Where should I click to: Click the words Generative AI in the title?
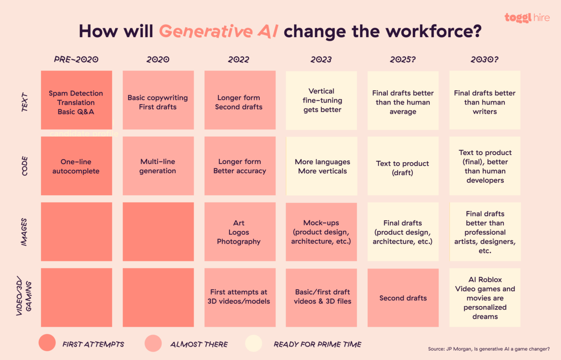(x=219, y=32)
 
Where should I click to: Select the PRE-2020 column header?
(x=76, y=59)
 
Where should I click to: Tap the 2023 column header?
(x=321, y=59)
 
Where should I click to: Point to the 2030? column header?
(x=484, y=59)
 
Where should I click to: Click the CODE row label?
(x=25, y=166)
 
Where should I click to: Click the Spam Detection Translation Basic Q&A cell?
(x=76, y=100)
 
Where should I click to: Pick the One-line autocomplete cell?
(x=76, y=166)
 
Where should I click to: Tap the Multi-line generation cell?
(x=158, y=166)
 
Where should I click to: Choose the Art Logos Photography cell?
(x=240, y=232)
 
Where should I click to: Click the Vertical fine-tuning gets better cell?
(x=321, y=100)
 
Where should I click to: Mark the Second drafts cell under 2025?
(x=403, y=298)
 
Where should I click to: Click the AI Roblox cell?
(x=485, y=298)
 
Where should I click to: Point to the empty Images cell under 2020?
(x=158, y=232)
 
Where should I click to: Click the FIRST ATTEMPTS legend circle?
(x=47, y=343)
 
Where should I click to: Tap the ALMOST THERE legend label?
(x=199, y=344)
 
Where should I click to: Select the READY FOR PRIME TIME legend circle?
(x=253, y=343)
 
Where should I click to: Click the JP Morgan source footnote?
(x=488, y=349)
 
